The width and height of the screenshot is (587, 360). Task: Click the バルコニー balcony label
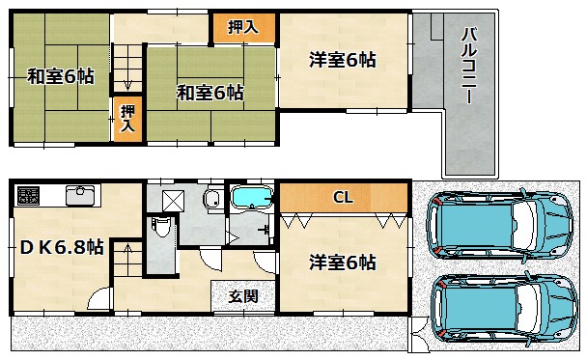(x=468, y=66)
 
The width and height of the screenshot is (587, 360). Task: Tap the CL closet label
(x=343, y=197)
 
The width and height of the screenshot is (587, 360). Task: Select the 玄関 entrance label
(x=243, y=296)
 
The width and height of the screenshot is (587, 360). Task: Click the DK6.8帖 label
(x=62, y=247)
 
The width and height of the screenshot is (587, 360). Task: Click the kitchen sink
(x=80, y=195)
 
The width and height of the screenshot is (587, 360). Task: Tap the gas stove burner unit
(x=28, y=196)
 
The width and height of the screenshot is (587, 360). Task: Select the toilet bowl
(x=162, y=227)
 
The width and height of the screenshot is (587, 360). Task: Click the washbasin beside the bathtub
(x=213, y=198)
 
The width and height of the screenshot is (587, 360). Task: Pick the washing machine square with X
(x=174, y=201)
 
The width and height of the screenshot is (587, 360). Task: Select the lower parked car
(x=504, y=308)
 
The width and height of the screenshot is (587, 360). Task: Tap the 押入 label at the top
(x=243, y=27)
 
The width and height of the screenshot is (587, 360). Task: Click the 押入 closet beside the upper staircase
(x=127, y=119)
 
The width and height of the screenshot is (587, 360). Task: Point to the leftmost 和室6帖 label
(x=61, y=76)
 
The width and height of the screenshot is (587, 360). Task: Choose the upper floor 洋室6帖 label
(x=343, y=60)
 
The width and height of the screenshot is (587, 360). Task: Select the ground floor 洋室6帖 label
(x=343, y=263)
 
